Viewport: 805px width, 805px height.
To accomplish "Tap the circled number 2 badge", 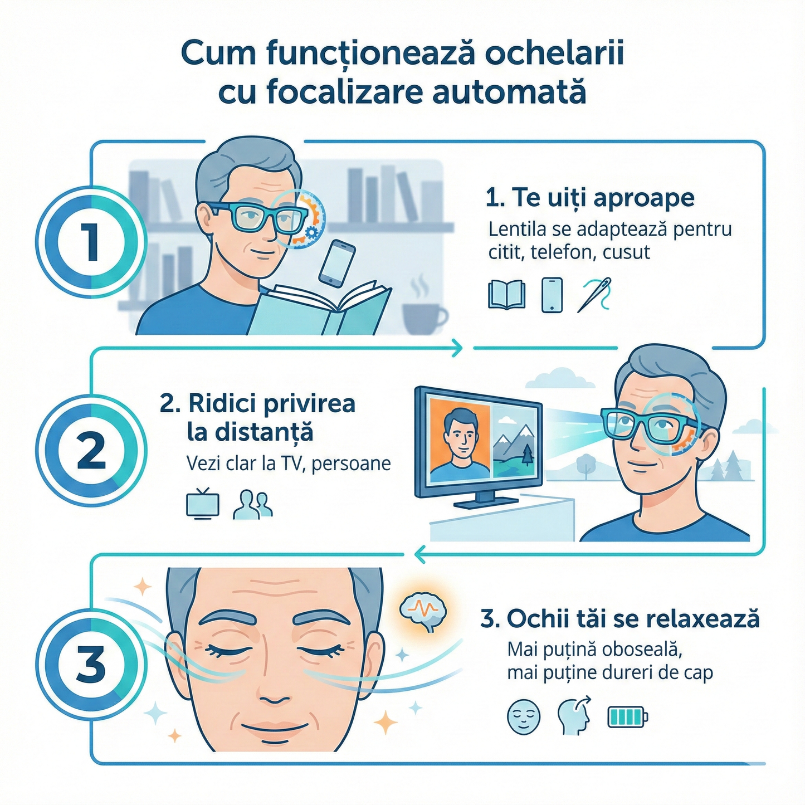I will (x=91, y=450).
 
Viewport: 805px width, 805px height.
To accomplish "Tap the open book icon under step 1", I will (x=506, y=295).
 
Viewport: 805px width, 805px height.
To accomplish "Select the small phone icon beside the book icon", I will (x=552, y=295).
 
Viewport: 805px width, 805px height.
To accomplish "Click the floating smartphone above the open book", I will (x=337, y=263).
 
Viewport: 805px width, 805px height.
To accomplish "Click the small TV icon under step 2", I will (x=202, y=504).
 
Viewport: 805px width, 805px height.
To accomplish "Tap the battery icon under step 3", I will (x=627, y=716).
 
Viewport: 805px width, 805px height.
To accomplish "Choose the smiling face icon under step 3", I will (x=524, y=716).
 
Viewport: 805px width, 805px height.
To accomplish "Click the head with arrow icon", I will (x=574, y=716).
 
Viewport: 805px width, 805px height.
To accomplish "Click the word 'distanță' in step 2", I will (x=250, y=432).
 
